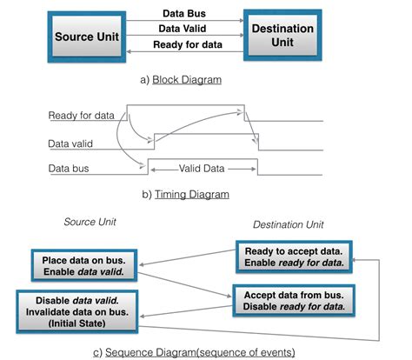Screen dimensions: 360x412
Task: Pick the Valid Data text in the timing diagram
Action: (x=204, y=166)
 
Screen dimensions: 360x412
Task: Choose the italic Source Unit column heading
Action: (x=91, y=222)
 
